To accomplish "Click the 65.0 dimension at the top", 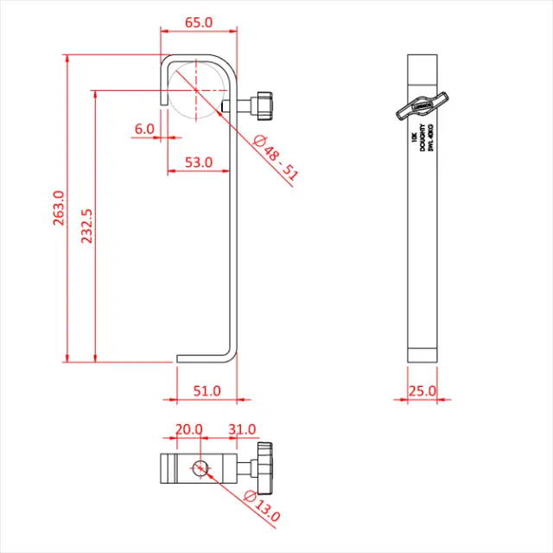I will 199,22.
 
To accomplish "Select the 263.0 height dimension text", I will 60,207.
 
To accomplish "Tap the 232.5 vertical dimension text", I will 87,226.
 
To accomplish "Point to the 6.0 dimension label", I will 144,129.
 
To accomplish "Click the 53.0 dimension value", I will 198,162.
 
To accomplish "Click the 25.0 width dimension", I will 423,391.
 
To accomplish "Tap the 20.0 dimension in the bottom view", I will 188,429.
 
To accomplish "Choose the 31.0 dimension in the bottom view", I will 242,429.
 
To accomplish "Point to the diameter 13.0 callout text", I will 264,505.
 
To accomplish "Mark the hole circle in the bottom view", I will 200,469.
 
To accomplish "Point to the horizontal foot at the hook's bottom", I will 202,359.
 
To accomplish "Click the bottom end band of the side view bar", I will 423,354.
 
